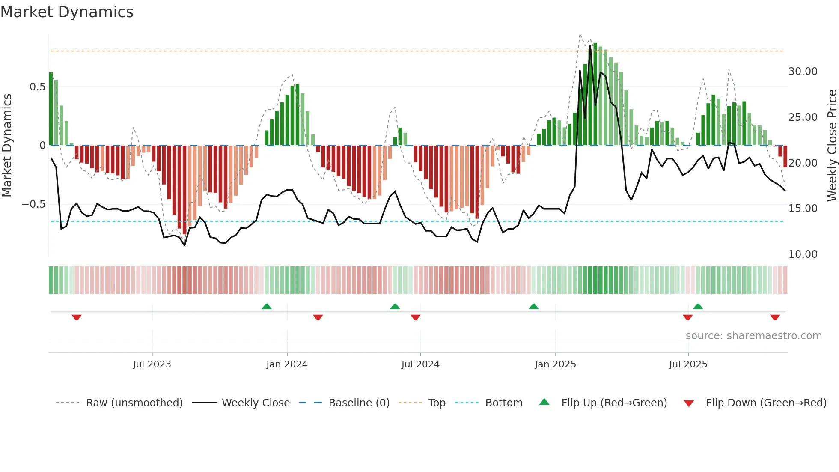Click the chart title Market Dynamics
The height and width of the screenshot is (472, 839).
pyautogui.click(x=67, y=12)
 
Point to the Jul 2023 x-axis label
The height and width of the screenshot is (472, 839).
pyautogui.click(x=152, y=364)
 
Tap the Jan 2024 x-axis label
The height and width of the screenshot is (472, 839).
pyautogui.click(x=287, y=364)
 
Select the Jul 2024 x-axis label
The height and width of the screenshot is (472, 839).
pyautogui.click(x=420, y=364)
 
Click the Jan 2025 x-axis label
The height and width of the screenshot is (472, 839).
pyautogui.click(x=555, y=364)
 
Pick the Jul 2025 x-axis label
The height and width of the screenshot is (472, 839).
pyautogui.click(x=688, y=364)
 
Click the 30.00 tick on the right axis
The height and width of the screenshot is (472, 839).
pyautogui.click(x=803, y=72)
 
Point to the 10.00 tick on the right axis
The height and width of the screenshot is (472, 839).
pyautogui.click(x=803, y=254)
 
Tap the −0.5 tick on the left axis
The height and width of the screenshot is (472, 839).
pyautogui.click(x=33, y=204)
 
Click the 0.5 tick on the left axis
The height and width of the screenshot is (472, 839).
pyautogui.click(x=37, y=87)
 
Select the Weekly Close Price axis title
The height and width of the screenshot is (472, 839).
pyautogui.click(x=832, y=145)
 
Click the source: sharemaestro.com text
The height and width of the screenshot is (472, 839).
pyautogui.click(x=753, y=336)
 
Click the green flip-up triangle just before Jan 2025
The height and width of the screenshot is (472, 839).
pyautogui.click(x=533, y=306)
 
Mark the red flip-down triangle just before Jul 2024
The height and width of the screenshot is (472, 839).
pyautogui.click(x=415, y=317)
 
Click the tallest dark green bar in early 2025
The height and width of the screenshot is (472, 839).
pyautogui.click(x=595, y=94)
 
